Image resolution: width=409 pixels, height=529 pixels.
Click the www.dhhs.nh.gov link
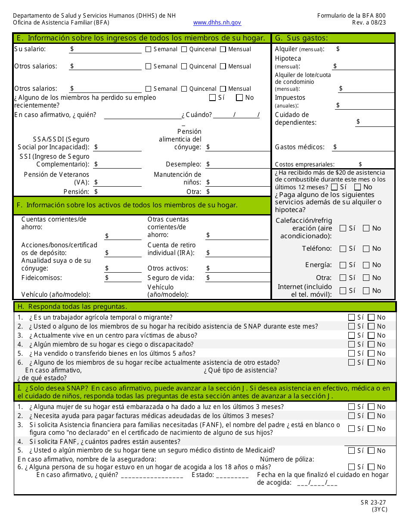click(x=217, y=23)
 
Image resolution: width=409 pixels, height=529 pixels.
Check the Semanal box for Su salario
click(x=149, y=49)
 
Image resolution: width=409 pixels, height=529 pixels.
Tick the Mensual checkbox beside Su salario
click(x=223, y=49)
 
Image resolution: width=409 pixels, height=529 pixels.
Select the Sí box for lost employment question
click(x=212, y=98)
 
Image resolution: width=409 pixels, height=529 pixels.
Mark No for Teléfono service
click(x=366, y=249)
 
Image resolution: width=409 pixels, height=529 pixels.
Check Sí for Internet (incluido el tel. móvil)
click(x=343, y=291)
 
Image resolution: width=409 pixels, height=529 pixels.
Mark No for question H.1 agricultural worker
click(x=372, y=317)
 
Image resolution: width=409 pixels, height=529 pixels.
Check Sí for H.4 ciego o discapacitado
click(x=352, y=344)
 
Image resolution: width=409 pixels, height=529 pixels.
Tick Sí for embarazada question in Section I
click(x=352, y=407)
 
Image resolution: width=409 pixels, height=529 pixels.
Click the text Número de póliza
click(x=287, y=459)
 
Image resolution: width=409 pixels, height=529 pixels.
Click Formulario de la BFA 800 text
click(x=351, y=15)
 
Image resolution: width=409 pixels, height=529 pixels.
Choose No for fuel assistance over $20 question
click(x=357, y=187)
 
